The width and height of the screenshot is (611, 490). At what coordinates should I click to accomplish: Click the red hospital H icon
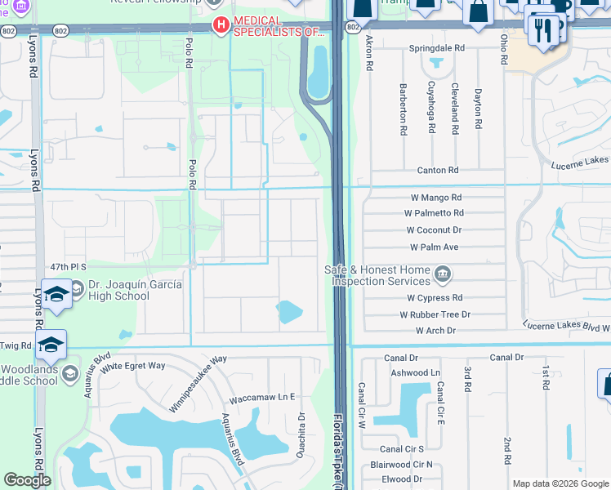coord(220,26)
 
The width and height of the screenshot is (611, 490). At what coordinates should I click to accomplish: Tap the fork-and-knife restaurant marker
coord(542,29)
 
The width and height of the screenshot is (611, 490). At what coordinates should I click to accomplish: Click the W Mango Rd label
coord(435,198)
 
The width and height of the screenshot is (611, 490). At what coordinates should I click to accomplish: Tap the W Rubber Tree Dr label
coord(435,314)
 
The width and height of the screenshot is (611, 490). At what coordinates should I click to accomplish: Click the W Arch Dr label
coord(435,331)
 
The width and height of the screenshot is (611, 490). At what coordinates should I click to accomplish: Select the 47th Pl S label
coord(68,267)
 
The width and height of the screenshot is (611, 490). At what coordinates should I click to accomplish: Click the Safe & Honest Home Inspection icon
coord(442,273)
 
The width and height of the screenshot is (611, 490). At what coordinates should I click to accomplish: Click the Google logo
coord(27,480)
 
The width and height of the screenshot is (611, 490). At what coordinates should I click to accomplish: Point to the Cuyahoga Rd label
coord(430,101)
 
